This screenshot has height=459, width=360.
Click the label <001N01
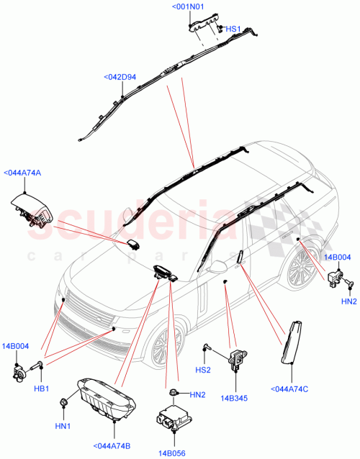tap(188, 7)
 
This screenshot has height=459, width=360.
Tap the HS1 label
tap(234, 29)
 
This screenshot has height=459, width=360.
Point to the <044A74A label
tap(23, 172)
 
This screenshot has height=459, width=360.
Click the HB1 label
tap(42, 388)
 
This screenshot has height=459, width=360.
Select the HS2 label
tap(204, 370)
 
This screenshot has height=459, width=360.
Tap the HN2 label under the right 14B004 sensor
tap(349, 301)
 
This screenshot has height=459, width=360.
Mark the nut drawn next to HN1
tap(64, 401)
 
